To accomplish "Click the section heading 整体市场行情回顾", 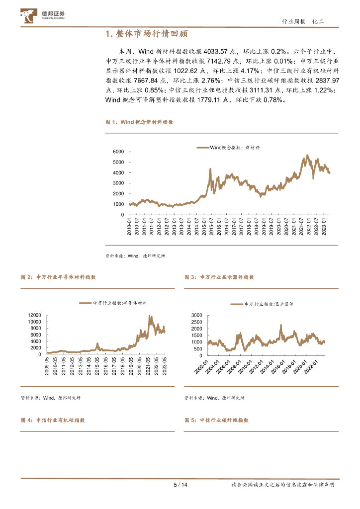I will (147, 34).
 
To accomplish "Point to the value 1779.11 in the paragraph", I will (211, 99).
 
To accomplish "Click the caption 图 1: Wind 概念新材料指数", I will (139, 122).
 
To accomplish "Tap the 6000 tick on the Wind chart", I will (118, 151).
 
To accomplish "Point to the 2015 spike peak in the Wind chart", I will (210, 169).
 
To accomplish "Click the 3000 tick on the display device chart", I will (196, 315).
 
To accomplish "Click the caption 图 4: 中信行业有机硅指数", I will (53, 420).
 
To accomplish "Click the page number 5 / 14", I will (180, 485).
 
